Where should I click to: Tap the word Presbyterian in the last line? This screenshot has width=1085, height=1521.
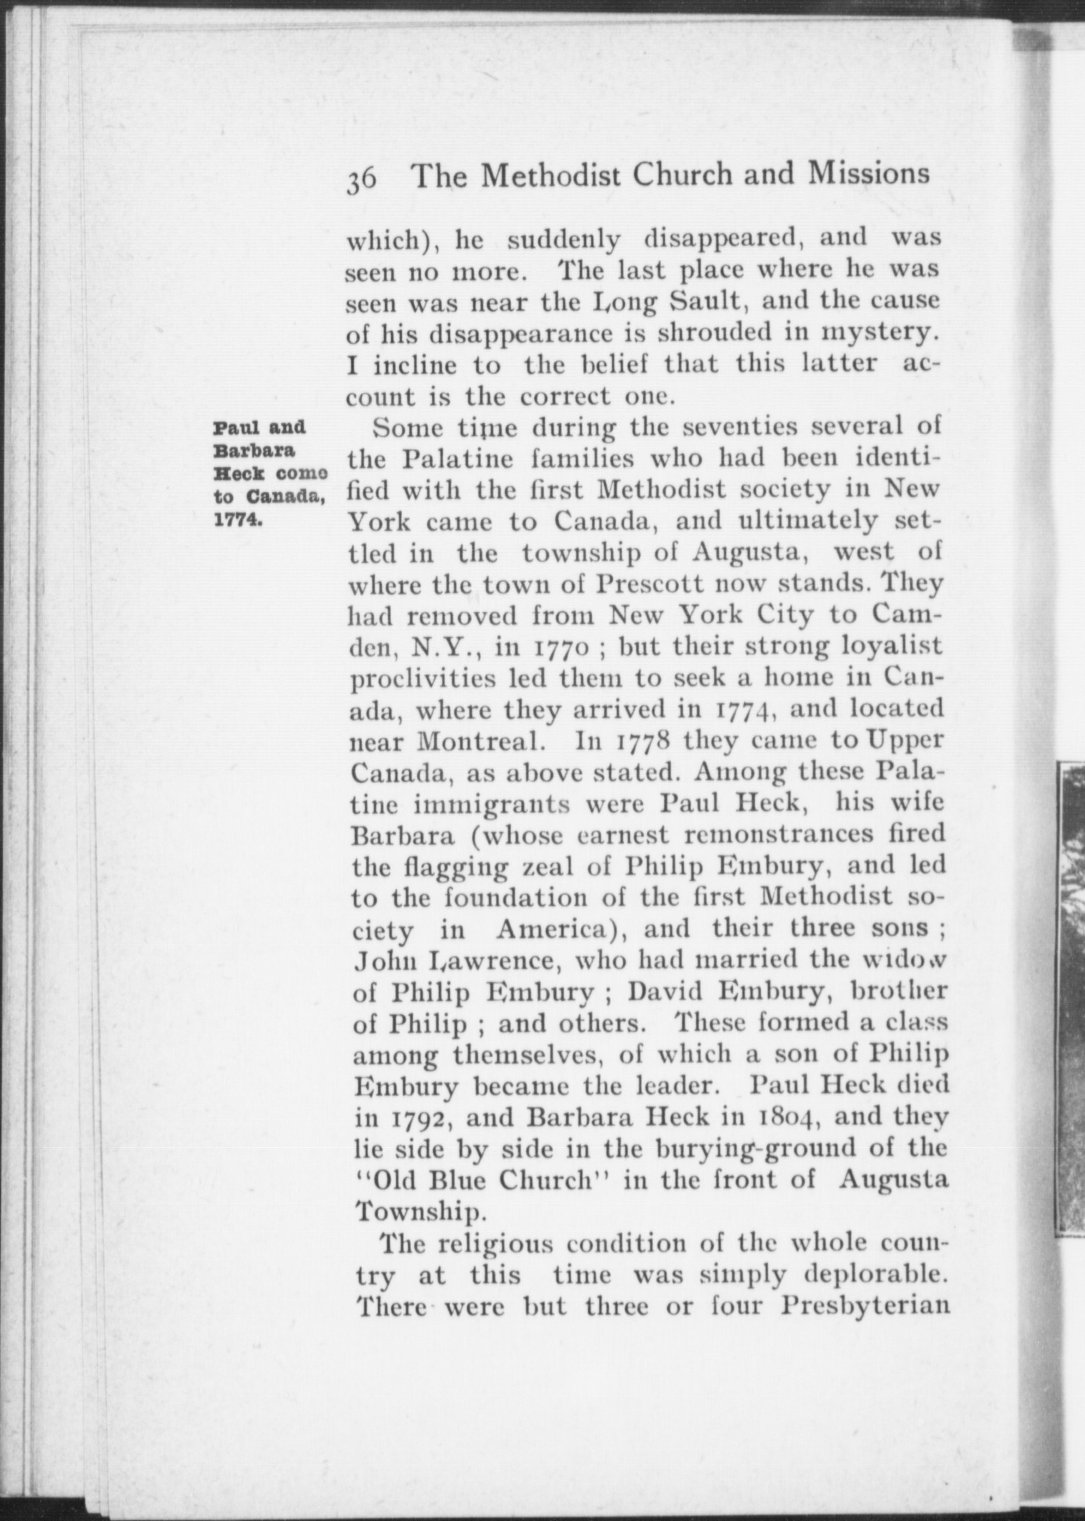pos(864,1306)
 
